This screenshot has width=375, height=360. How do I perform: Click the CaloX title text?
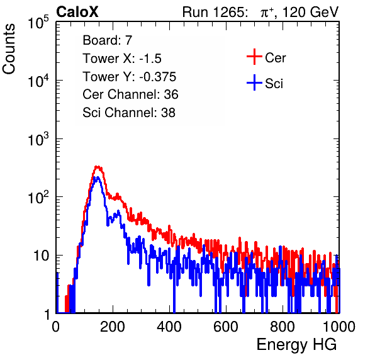(77, 12)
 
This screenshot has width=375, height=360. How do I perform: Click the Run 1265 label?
(215, 12)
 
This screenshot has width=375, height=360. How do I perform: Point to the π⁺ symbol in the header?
(267, 12)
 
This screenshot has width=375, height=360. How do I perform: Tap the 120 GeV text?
(310, 12)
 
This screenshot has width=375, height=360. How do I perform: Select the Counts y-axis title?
(9, 49)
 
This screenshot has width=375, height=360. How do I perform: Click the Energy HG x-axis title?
(297, 345)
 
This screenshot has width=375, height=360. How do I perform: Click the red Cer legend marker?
(254, 57)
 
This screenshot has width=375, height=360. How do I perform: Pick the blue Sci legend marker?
(254, 82)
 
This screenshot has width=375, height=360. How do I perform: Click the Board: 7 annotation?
(108, 40)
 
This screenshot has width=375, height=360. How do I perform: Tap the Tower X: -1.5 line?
(122, 59)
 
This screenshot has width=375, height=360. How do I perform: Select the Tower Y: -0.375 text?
(130, 77)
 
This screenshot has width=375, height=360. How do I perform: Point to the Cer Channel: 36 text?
(130, 94)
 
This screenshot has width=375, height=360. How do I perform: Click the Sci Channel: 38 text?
(129, 113)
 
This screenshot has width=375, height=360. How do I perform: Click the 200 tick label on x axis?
(113, 327)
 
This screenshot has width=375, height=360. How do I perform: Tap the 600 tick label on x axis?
(226, 327)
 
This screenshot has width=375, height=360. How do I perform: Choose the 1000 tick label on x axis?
(339, 327)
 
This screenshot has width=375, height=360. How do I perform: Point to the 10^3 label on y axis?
(38, 139)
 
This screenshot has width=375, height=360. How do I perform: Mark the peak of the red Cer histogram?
(98, 167)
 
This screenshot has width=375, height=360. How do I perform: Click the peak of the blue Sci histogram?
(96, 177)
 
